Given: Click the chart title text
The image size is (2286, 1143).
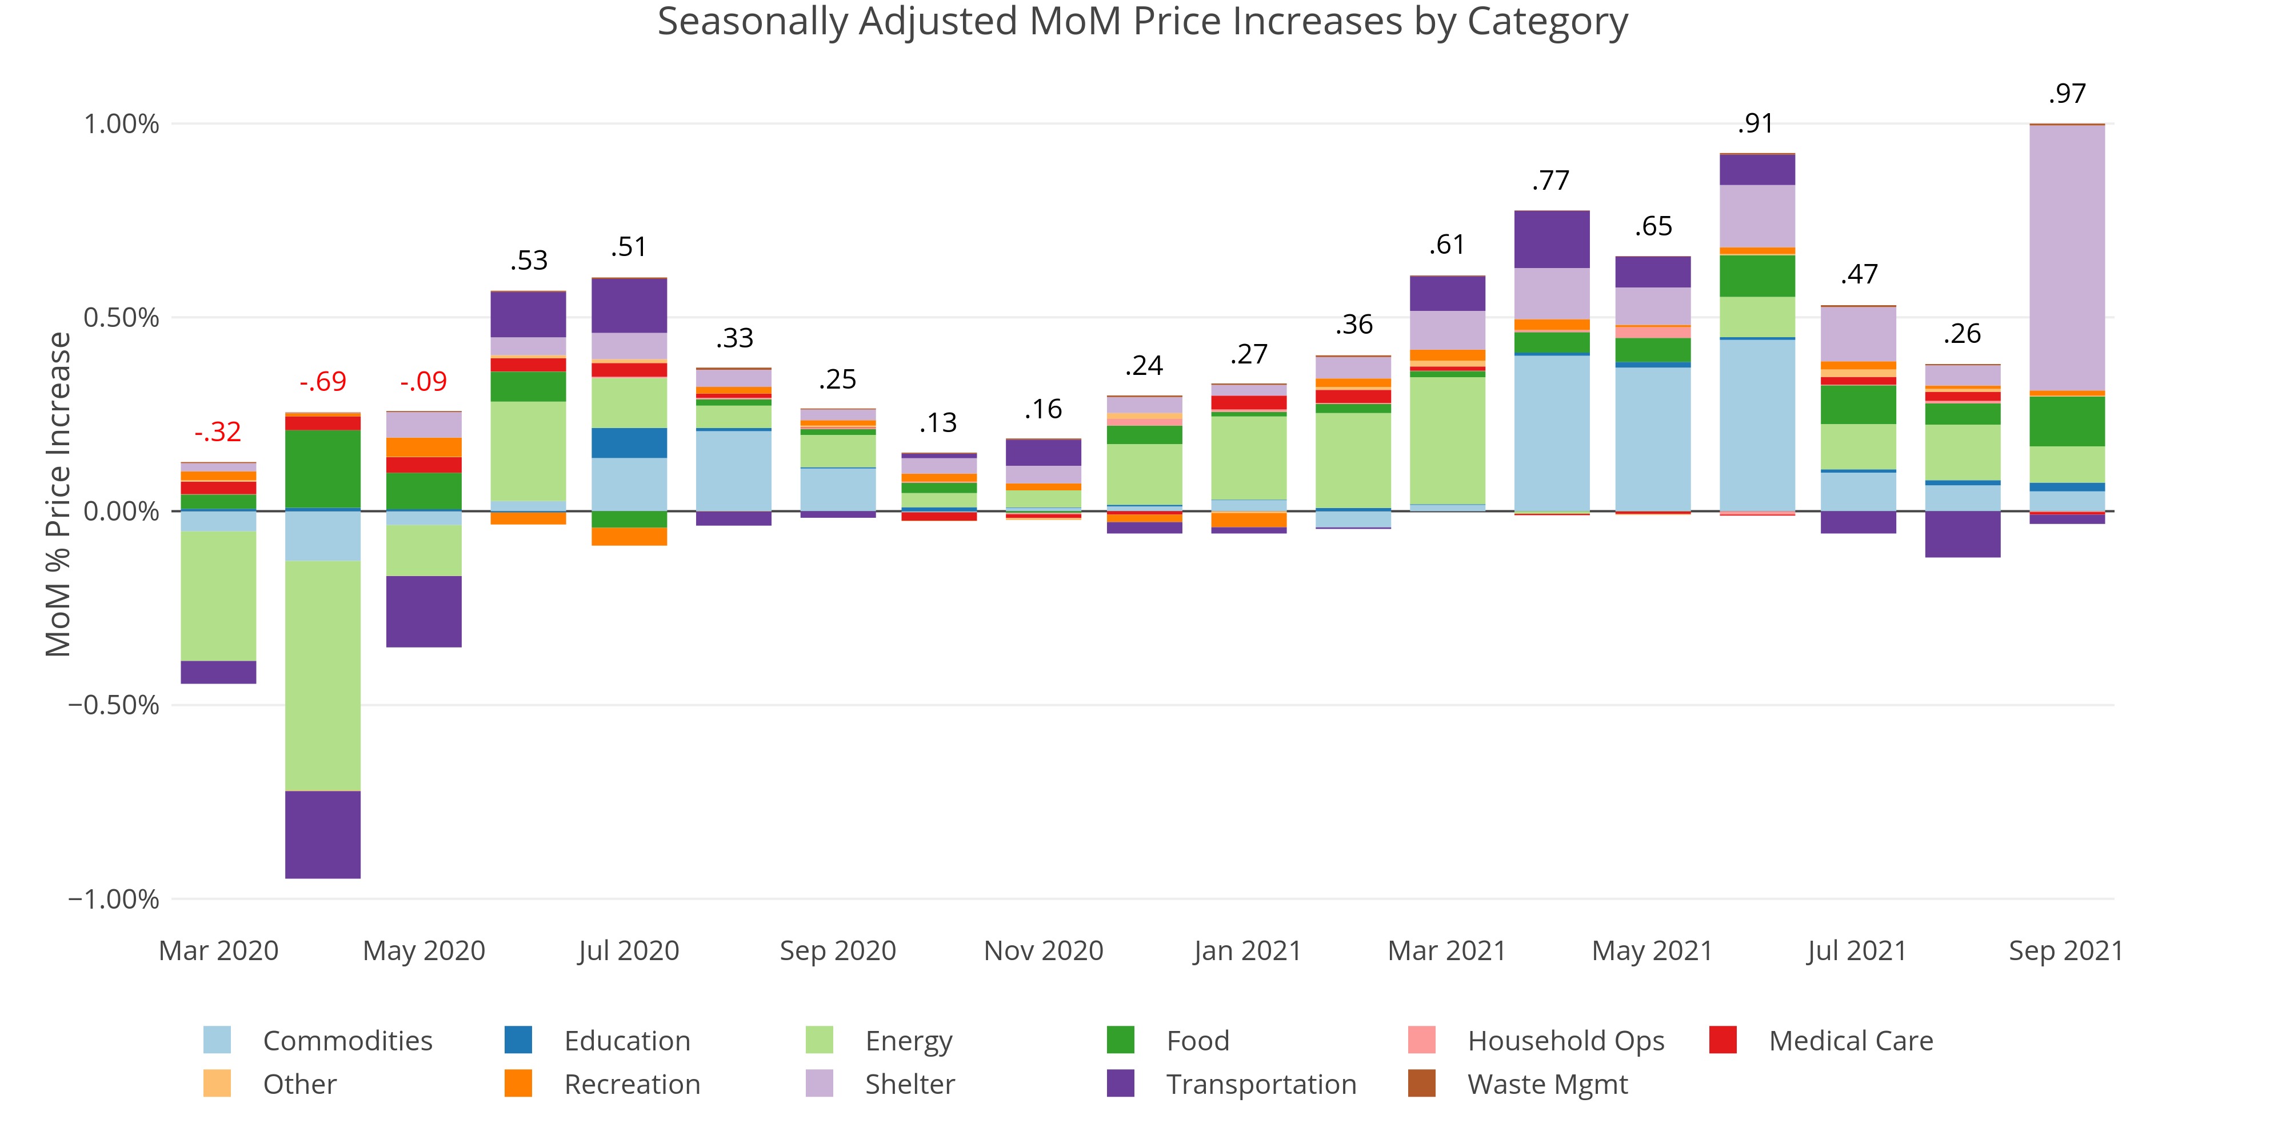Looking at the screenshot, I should (1142, 22).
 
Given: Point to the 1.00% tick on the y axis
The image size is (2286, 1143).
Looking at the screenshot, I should (122, 123).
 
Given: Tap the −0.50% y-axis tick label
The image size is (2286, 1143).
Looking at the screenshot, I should (114, 705).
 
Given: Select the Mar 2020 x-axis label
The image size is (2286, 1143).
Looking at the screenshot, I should (218, 950).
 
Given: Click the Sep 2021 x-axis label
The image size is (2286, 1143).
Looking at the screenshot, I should (2065, 950).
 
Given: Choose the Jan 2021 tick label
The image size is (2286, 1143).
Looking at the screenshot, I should (1247, 950).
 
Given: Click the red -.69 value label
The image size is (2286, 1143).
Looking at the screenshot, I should (322, 382).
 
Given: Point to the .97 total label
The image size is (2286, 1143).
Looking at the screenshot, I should (2067, 93).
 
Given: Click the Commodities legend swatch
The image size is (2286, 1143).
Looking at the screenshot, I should (217, 1040).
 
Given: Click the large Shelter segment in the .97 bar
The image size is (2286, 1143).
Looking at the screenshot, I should (2067, 257).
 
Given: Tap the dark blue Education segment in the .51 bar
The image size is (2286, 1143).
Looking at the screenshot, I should (629, 443).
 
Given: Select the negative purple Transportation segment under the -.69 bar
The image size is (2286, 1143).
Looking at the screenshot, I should (322, 834).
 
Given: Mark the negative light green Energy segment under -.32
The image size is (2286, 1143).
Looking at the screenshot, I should (218, 596).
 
